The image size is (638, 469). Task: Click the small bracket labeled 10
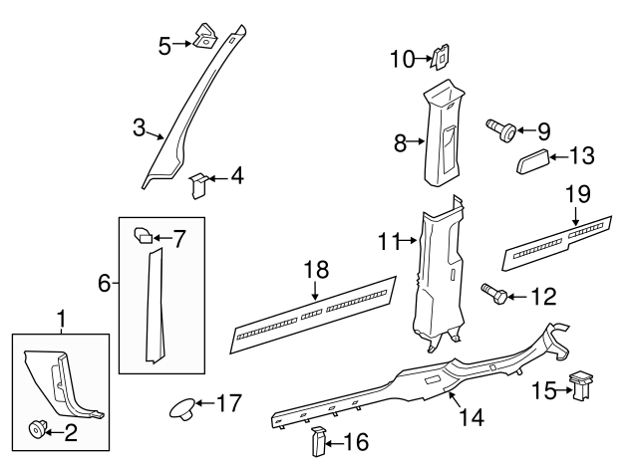point(437,61)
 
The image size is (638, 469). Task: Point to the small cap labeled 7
point(143,237)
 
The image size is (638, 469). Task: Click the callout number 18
point(315,271)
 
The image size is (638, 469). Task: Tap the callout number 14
point(472,417)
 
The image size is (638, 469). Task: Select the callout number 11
point(388,240)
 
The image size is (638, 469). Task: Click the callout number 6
point(104,284)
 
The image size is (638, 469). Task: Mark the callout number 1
point(62,319)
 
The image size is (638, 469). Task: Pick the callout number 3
point(140,127)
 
